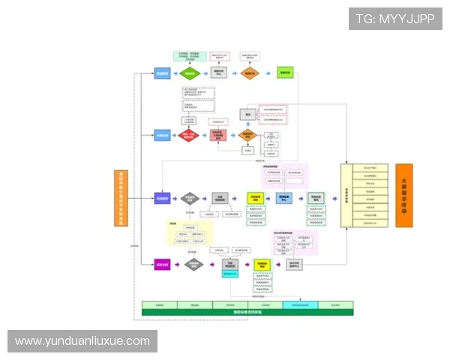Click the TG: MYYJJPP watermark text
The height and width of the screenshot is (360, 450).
tap(395, 19)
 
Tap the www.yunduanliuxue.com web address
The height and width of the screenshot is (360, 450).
tap(82, 341)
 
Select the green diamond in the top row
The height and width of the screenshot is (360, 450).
tap(189, 73)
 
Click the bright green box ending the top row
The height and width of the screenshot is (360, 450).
tap(285, 73)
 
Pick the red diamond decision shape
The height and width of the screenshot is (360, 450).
tap(189, 136)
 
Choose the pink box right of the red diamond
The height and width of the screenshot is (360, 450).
tap(218, 136)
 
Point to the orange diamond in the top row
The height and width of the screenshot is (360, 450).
tap(247, 73)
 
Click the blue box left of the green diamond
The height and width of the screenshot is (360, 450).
tap(162, 73)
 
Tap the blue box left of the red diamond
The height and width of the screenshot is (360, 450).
tap(162, 136)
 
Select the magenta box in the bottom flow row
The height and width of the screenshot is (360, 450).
tap(162, 264)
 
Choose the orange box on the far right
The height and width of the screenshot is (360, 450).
tap(403, 196)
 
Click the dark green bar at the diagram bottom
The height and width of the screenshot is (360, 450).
tap(247, 311)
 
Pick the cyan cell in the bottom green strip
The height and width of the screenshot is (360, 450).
tap(300, 305)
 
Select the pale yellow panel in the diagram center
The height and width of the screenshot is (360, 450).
tap(186, 233)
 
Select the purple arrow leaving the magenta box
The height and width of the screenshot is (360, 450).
tap(177, 264)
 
